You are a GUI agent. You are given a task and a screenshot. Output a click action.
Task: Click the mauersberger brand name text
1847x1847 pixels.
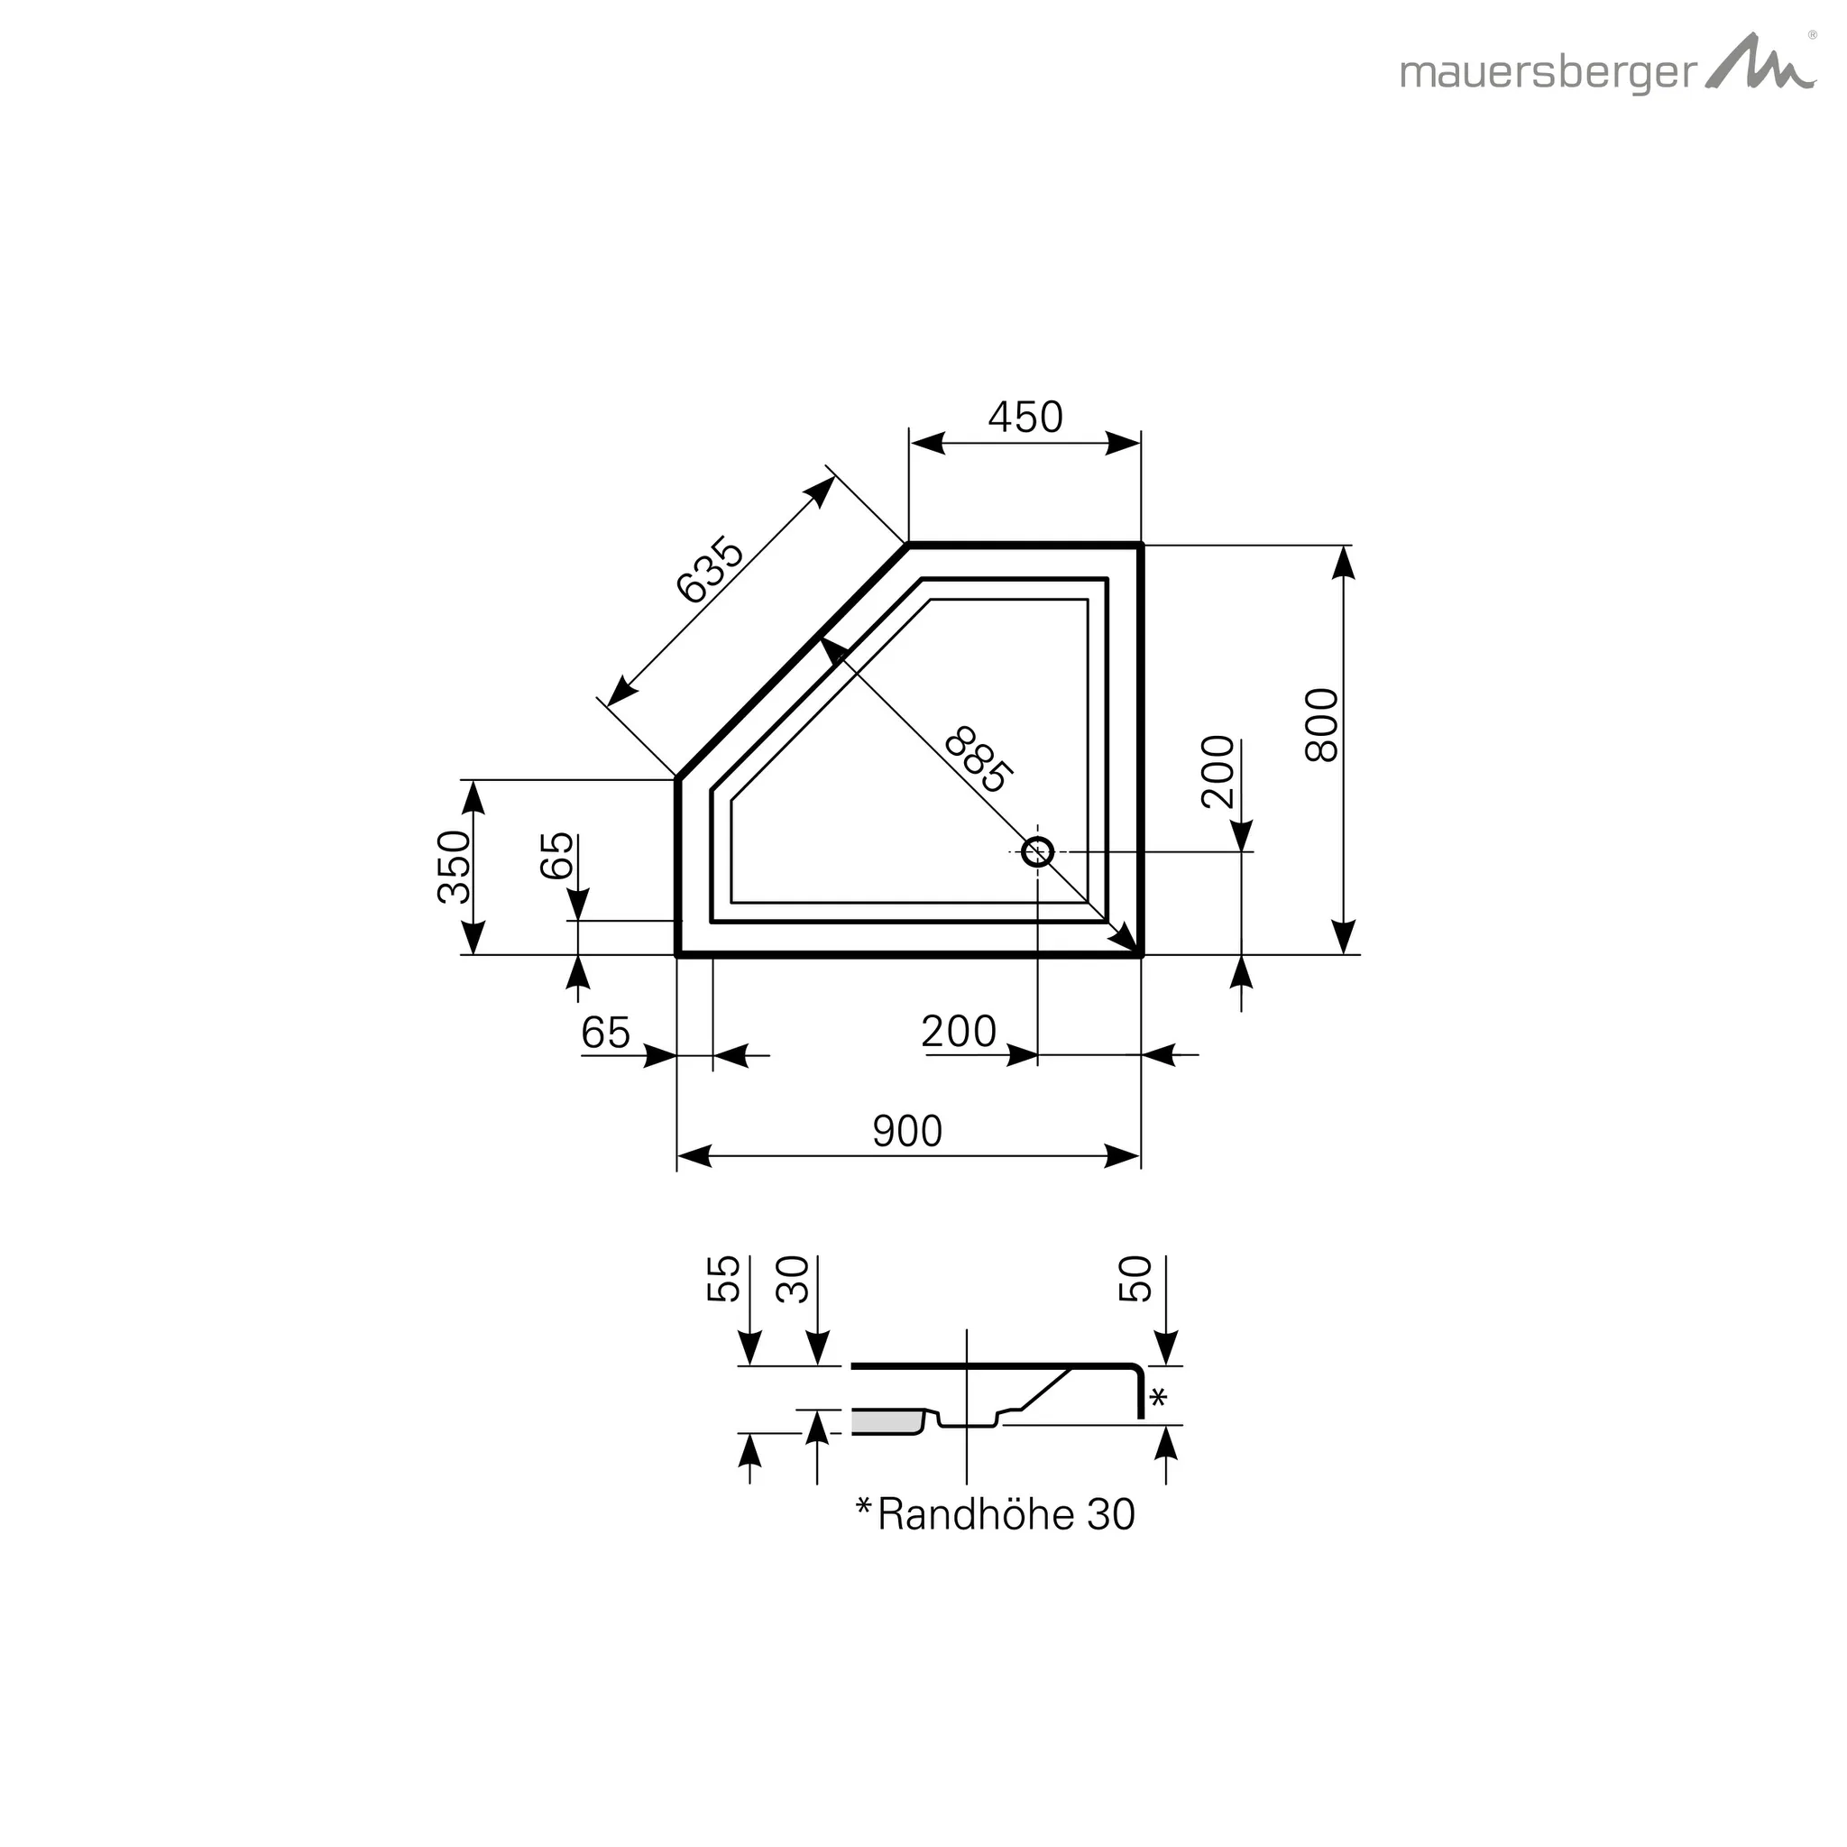click(x=1548, y=74)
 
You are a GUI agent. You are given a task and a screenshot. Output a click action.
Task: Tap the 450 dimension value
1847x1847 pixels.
click(x=1025, y=418)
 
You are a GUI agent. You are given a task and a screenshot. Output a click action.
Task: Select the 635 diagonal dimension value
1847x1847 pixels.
click(x=710, y=571)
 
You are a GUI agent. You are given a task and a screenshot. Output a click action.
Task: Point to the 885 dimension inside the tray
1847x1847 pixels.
click(x=977, y=761)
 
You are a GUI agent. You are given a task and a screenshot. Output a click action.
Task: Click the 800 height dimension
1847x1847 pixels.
click(x=1322, y=725)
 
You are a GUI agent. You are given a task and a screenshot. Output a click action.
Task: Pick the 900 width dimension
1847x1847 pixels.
click(x=907, y=1132)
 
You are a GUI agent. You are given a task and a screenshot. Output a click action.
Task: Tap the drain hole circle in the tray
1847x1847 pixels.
click(x=1037, y=850)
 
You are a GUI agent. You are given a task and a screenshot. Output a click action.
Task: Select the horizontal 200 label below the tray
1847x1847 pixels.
click(x=959, y=1032)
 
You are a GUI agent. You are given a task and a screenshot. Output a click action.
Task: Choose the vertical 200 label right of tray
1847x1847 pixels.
click(x=1218, y=771)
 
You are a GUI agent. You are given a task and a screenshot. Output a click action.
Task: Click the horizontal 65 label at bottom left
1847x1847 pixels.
click(x=606, y=1033)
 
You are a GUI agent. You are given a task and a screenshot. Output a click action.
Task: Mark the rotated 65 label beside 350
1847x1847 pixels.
click(x=557, y=856)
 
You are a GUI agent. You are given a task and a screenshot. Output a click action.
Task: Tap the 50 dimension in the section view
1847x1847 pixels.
click(x=1135, y=1279)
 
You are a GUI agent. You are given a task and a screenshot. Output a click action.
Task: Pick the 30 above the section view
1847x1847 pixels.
click(x=793, y=1279)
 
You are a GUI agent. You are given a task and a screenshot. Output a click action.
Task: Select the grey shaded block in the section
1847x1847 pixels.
click(x=885, y=1422)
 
